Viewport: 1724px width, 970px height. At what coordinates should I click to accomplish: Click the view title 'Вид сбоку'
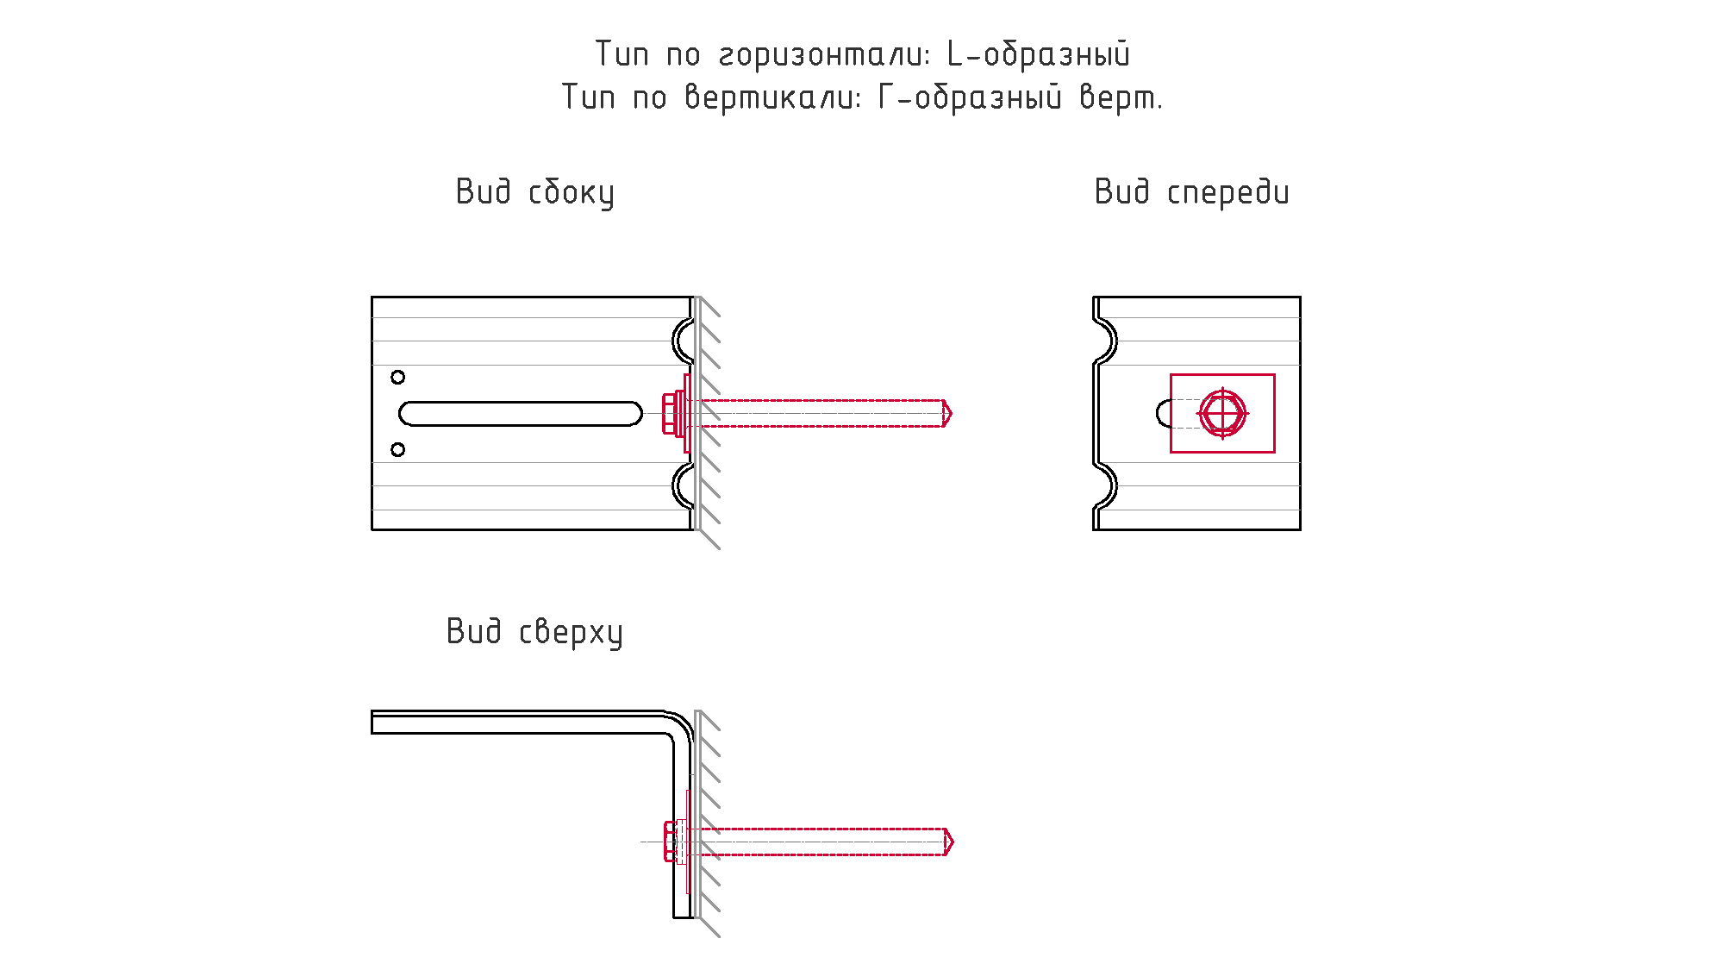point(534,192)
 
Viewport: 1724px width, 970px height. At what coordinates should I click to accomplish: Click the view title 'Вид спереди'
point(1191,192)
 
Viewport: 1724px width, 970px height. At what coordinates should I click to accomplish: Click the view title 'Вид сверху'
point(534,632)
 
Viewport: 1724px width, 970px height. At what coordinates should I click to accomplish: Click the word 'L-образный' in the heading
point(1038,54)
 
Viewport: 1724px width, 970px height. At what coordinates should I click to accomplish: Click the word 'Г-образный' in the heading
point(970,97)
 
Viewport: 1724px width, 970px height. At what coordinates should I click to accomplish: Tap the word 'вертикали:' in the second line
point(773,97)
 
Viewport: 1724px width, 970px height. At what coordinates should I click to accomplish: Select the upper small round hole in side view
point(397,377)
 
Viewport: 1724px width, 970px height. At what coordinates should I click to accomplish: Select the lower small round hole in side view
point(397,449)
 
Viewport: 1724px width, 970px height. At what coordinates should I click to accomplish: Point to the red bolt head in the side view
point(670,413)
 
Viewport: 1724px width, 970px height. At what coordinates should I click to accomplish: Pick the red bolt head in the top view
point(670,842)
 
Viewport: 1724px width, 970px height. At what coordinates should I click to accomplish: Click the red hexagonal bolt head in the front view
point(1222,413)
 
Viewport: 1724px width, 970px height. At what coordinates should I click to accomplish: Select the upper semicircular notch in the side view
point(674,341)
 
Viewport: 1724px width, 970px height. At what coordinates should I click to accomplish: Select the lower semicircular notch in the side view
point(674,486)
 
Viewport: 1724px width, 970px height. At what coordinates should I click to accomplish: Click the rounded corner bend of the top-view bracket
point(682,723)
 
